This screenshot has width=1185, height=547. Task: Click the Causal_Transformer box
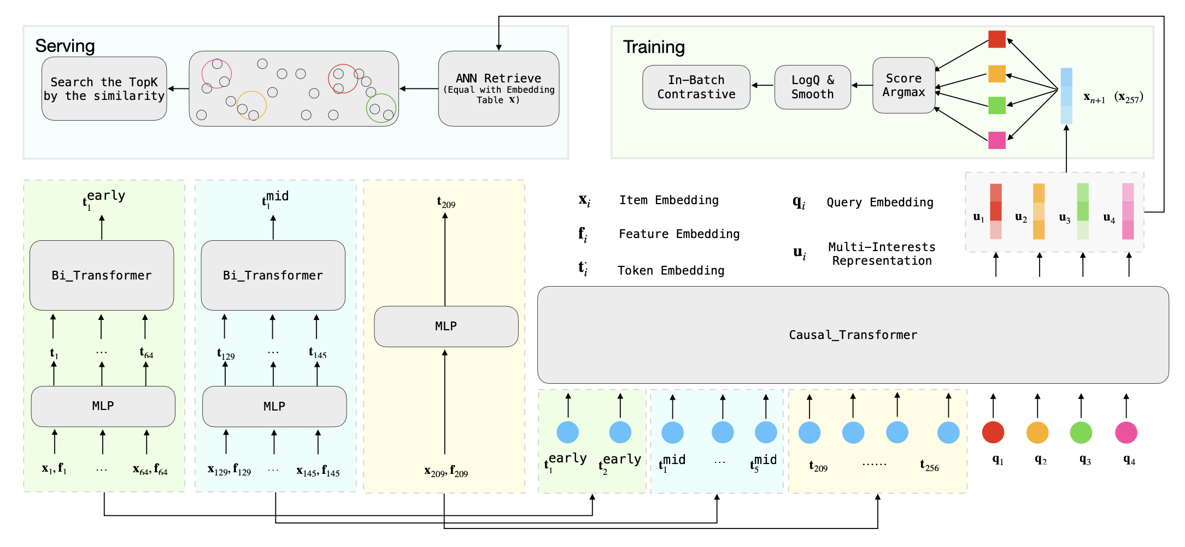[853, 335]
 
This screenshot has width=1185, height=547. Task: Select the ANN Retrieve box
[498, 88]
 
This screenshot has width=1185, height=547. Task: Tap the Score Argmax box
[904, 85]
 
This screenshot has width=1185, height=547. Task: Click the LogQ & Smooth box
[812, 87]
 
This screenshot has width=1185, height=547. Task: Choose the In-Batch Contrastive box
[696, 87]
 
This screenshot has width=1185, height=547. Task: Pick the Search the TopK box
[104, 88]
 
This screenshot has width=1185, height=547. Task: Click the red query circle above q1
[993, 432]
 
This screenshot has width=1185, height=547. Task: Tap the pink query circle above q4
[1126, 432]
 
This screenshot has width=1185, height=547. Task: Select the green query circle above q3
[1081, 432]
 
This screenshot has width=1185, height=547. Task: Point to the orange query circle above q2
[1037, 432]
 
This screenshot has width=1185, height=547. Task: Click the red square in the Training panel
[996, 39]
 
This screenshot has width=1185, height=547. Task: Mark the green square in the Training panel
[996, 105]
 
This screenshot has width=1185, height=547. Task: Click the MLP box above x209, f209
[446, 326]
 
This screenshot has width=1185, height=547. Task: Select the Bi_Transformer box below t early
[102, 275]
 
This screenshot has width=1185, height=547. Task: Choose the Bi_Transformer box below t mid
[273, 275]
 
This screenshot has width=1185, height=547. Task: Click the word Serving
[65, 46]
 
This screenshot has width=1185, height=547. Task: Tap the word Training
[654, 47]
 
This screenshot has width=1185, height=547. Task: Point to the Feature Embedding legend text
[679, 234]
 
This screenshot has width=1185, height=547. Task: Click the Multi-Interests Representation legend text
[882, 254]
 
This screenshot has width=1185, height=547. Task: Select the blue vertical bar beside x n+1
[1066, 96]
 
